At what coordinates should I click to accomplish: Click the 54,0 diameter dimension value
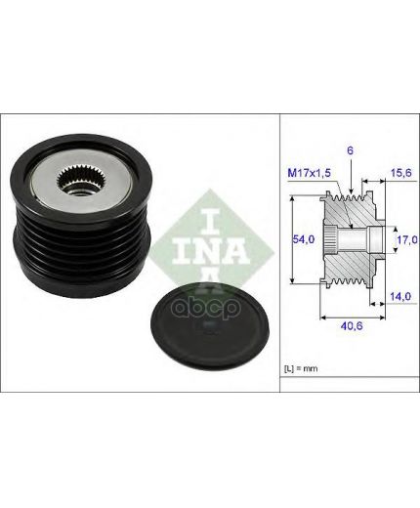(303, 239)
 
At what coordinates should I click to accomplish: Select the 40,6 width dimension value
(351, 325)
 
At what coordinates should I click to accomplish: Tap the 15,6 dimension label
(401, 172)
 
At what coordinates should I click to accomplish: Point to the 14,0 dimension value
(400, 296)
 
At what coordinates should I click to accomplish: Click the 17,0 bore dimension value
(407, 239)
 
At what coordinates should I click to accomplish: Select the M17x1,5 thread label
(309, 173)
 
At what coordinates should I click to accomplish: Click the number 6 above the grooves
(350, 150)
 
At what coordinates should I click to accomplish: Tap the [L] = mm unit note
(301, 368)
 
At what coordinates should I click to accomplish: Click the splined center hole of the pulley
(74, 179)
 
